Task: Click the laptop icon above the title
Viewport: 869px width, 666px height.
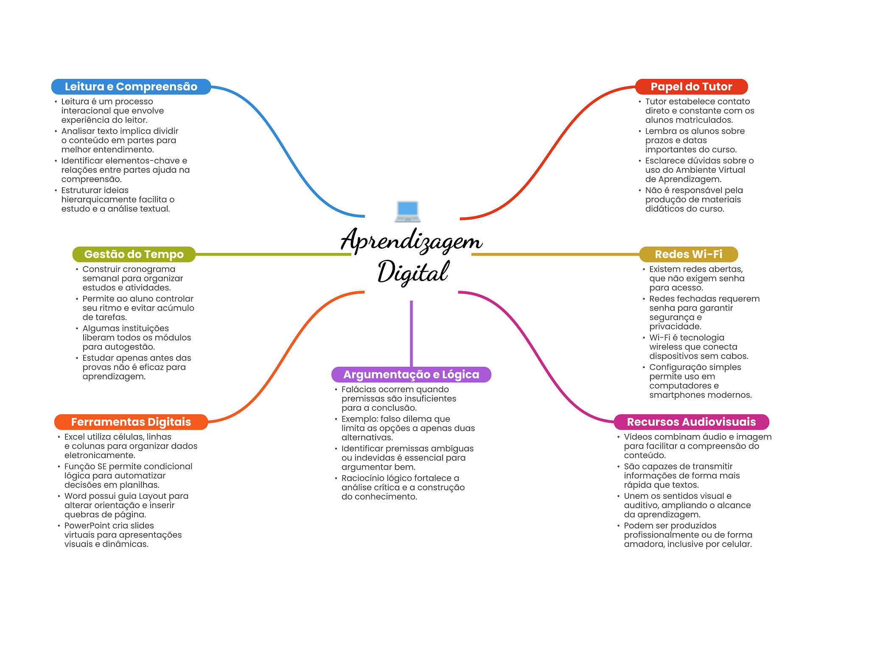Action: click(407, 211)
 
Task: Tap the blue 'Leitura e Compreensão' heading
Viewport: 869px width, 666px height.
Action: click(131, 87)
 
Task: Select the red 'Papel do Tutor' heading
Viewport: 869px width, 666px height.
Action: click(691, 87)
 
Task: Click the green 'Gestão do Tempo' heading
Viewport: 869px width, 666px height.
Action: click(134, 254)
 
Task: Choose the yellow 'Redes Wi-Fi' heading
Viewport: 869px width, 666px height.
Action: click(688, 254)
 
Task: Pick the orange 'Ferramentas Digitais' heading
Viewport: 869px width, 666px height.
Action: click(131, 422)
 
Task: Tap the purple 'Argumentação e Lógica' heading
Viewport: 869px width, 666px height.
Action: click(411, 374)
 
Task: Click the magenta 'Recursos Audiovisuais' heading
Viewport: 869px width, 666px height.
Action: click(691, 422)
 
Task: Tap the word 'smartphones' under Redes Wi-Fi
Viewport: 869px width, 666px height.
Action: click(676, 395)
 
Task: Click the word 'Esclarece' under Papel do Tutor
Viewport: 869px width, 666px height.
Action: click(665, 161)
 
